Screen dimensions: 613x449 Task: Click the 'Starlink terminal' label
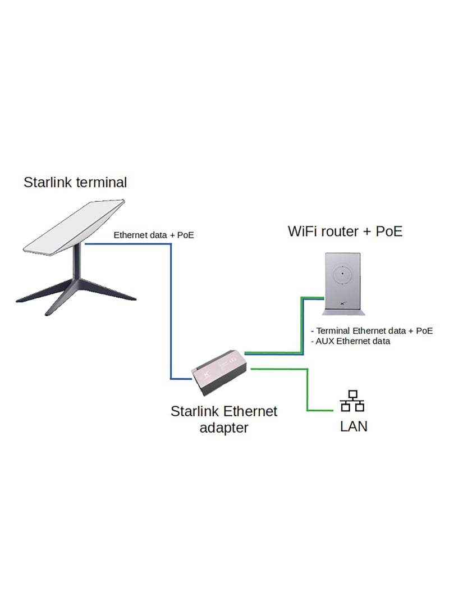[75, 182]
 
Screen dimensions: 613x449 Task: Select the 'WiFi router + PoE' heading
[345, 231]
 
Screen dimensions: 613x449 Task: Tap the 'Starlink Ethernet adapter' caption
[224, 419]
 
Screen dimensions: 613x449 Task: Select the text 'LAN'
[354, 426]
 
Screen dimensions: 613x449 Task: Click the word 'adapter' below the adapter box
[224, 428]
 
